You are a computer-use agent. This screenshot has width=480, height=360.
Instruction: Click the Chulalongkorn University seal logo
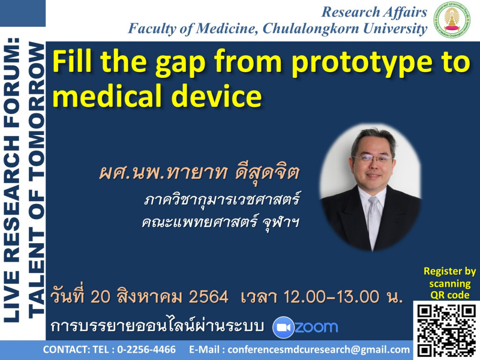tap(452, 20)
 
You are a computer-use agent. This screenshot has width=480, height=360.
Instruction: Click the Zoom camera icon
tap(283, 327)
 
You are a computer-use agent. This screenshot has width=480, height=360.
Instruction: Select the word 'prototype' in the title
tap(364, 63)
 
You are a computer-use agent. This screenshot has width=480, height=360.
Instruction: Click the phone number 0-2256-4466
tap(146, 349)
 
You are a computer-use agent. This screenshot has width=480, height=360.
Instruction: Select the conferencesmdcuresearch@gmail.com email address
tap(318, 350)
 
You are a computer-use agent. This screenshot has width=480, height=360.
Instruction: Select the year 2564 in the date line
tap(209, 297)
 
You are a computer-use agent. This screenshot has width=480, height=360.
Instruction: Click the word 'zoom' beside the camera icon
tap(316, 327)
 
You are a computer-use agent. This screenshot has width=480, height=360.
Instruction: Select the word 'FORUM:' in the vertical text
tap(13, 80)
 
